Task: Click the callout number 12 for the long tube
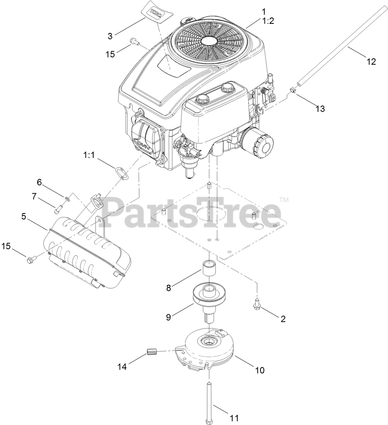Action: click(x=371, y=62)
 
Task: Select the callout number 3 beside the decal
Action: click(x=110, y=36)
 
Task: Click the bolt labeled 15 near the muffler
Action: click(x=31, y=260)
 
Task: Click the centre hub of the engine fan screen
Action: click(x=210, y=41)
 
